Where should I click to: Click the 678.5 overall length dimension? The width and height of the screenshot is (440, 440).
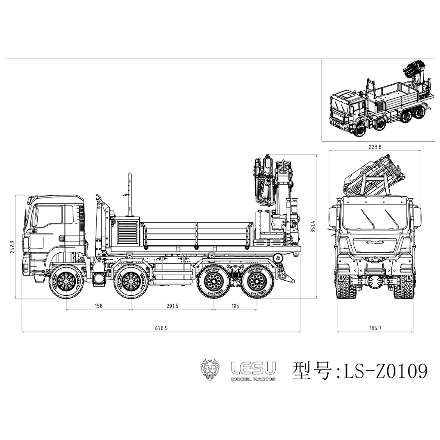(161, 328)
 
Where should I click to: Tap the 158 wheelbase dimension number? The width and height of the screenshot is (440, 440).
(99, 306)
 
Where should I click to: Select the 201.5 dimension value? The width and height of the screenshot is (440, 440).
(172, 306)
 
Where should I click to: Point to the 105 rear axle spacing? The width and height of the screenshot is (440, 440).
(235, 306)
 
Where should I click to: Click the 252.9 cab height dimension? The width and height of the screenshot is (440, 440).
(12, 247)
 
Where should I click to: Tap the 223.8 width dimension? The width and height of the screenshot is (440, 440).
(375, 147)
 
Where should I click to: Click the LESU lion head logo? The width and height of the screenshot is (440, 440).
(211, 369)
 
